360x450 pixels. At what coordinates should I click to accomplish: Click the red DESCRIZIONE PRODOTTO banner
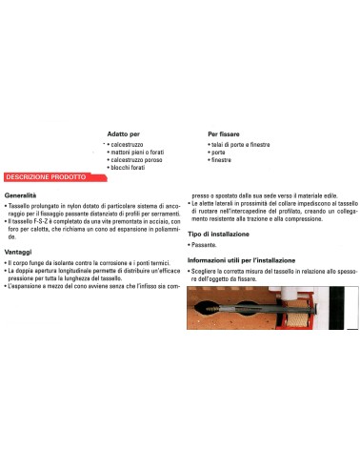[x=47, y=177]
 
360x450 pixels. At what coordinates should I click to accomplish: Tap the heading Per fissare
[x=226, y=134]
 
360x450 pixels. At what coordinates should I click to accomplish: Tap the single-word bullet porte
[x=219, y=152]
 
